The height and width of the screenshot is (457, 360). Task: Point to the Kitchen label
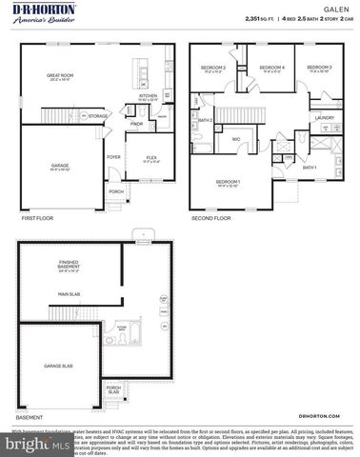coord(149,96)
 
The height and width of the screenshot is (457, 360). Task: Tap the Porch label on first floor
coord(116,191)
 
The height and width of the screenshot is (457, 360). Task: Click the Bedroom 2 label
coord(212,68)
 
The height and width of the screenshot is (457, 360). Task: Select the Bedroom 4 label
coord(272,68)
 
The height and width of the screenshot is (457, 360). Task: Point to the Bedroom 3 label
coord(318,68)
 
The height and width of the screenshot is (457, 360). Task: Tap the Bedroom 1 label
coord(228,181)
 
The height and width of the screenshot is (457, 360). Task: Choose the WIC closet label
coord(234,140)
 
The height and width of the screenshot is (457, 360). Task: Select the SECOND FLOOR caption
coord(210,218)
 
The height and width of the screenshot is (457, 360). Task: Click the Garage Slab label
coord(59,365)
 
